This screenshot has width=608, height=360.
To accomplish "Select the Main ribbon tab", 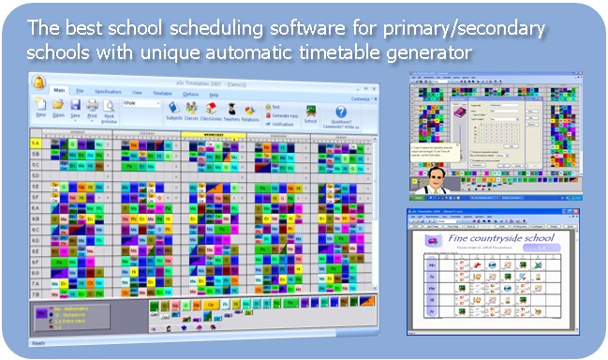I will (x=60, y=92).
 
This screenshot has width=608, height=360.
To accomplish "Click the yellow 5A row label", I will (x=37, y=142).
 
